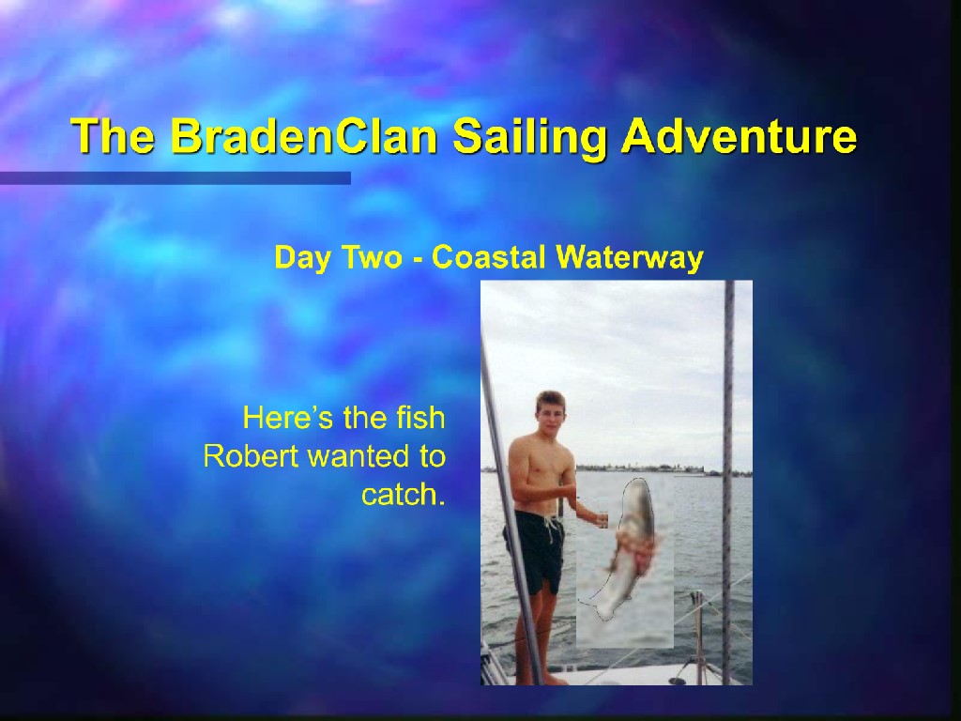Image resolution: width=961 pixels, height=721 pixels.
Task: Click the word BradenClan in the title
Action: (x=304, y=135)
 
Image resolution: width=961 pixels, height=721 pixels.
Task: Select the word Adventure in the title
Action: (x=739, y=135)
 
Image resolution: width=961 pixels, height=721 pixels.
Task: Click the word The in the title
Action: (x=113, y=135)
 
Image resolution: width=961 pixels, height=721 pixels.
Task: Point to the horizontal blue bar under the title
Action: (x=175, y=177)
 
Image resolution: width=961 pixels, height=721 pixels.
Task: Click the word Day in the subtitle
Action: (x=303, y=258)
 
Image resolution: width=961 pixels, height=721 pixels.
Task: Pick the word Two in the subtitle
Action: (x=372, y=257)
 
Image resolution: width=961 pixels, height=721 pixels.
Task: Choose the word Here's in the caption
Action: (x=289, y=418)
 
